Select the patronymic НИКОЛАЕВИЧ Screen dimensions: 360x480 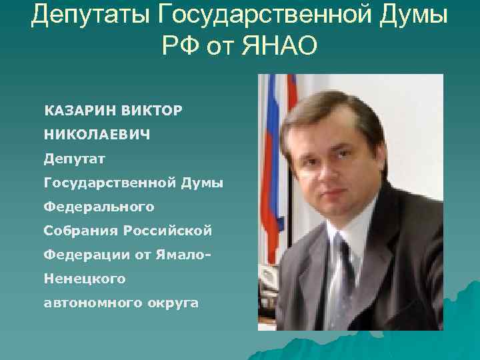pyautogui.click(x=97, y=134)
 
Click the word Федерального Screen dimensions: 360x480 pyautogui.click(x=99, y=207)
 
